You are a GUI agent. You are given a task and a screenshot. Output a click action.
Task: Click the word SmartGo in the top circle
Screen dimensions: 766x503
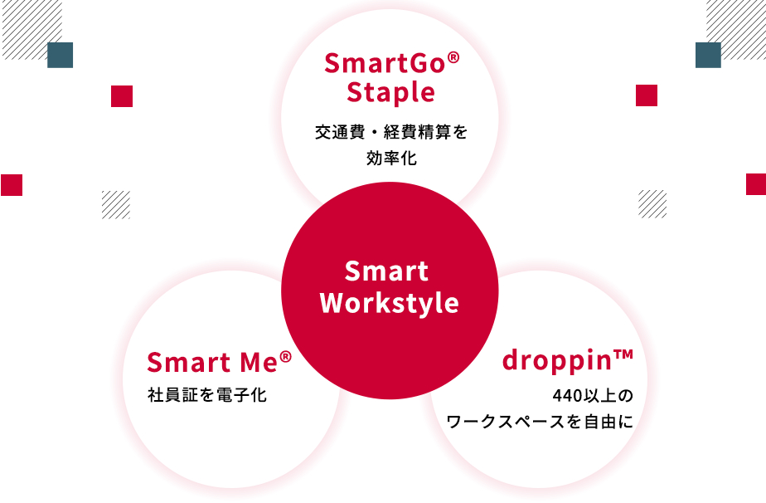click(x=385, y=64)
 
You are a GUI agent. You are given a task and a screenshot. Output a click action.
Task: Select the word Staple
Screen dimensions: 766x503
click(x=390, y=93)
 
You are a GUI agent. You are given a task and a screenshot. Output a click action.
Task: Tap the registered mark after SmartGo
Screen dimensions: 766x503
click(x=453, y=58)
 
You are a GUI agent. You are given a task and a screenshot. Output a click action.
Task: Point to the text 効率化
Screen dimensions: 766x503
click(x=392, y=158)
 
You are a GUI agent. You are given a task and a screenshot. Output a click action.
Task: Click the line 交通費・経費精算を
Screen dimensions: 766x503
click(x=391, y=132)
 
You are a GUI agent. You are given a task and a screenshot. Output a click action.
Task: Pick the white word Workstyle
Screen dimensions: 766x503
click(x=390, y=303)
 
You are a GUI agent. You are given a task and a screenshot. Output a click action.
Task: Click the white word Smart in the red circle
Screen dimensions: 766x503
click(x=386, y=271)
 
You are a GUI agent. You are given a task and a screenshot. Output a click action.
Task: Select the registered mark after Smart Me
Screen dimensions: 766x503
click(x=286, y=357)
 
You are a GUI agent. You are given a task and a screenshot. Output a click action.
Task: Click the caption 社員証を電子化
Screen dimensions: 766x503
click(x=207, y=395)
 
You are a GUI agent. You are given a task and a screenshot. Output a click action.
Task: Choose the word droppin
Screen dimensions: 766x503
click(x=557, y=361)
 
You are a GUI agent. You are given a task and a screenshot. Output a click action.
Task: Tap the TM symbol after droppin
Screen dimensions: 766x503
click(x=623, y=354)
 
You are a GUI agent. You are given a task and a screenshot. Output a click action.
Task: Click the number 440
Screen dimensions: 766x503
click(x=568, y=395)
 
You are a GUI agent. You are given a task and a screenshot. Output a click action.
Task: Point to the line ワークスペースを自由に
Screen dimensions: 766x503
click(x=540, y=422)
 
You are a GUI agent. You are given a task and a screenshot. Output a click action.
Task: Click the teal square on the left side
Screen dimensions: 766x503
click(x=60, y=55)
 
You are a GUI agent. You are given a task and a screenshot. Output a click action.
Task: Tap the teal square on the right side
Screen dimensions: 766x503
click(x=708, y=55)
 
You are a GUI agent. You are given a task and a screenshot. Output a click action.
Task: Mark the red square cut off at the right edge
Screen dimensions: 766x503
click(x=756, y=184)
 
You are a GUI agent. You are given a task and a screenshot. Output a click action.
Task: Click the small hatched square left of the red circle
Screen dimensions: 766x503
click(x=116, y=204)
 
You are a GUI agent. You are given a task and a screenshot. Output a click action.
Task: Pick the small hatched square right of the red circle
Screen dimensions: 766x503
click(x=652, y=204)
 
